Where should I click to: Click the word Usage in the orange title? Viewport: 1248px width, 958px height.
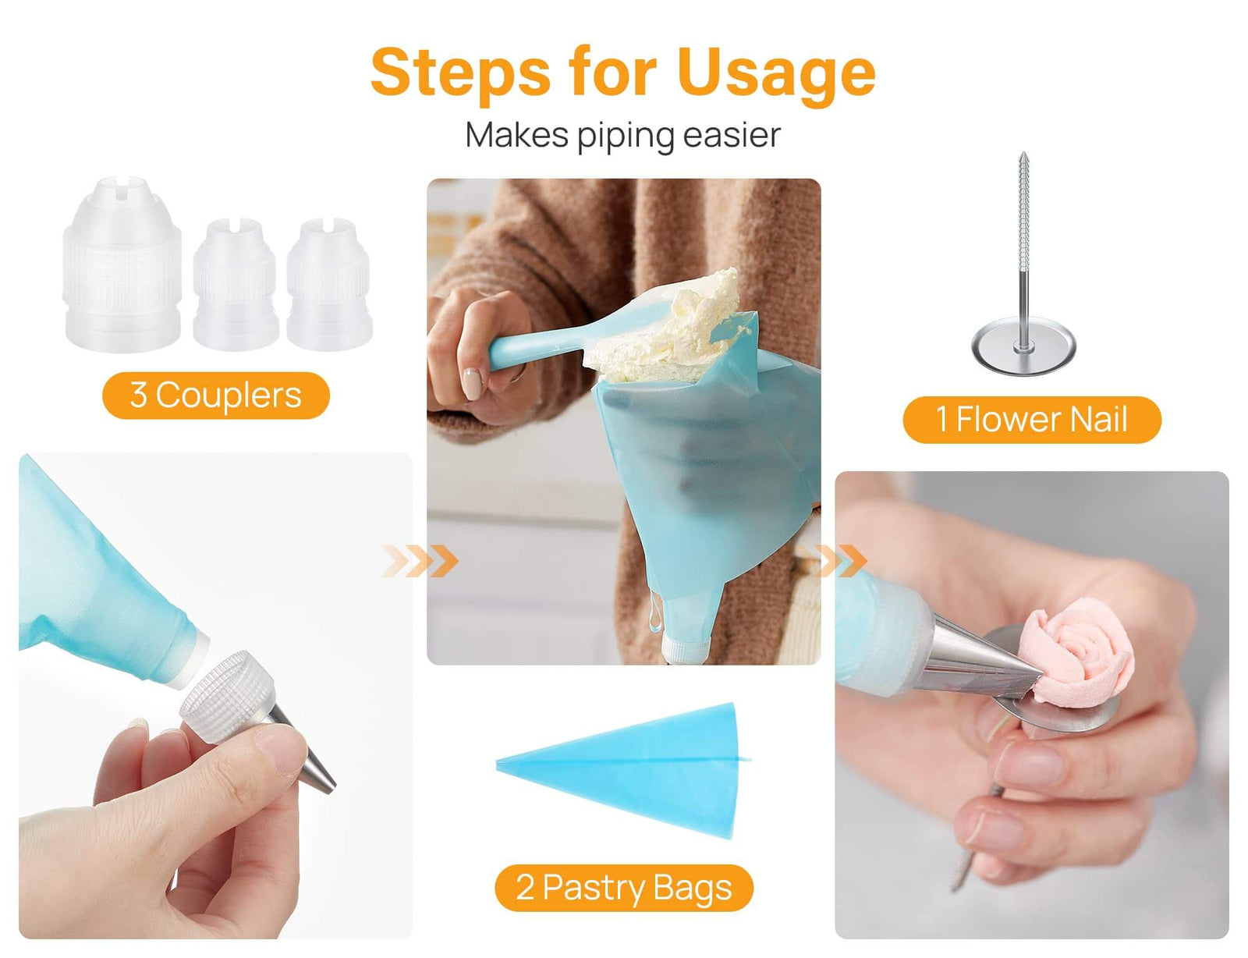pos(776,73)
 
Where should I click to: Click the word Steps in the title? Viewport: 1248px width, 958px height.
pos(460,73)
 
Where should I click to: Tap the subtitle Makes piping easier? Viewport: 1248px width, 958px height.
pos(622,135)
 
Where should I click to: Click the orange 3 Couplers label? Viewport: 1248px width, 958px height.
pos(216,396)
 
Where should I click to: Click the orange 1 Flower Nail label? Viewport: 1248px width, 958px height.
pos(1031,420)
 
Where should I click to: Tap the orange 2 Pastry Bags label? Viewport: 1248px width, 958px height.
pos(623,888)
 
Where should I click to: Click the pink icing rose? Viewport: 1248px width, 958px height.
pos(1080,651)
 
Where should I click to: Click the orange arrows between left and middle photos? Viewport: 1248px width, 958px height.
pos(421,561)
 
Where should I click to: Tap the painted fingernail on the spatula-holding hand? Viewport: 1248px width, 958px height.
pos(472,385)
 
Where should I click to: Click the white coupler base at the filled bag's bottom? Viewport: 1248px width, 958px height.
pos(686,648)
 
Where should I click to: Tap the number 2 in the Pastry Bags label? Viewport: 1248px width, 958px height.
pos(525,888)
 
